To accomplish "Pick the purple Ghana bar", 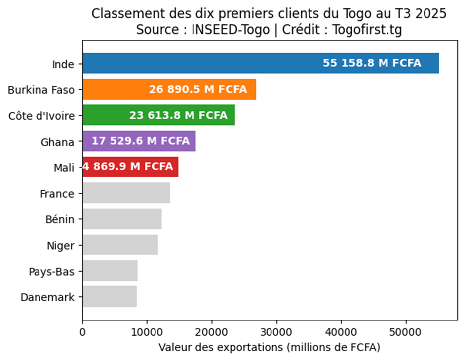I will pyautogui.click(x=139, y=141).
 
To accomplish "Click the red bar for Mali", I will pyautogui.click(x=130, y=167).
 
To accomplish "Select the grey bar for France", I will pyautogui.click(x=126, y=193).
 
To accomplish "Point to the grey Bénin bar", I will pyautogui.click(x=122, y=219).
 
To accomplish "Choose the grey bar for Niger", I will pyautogui.click(x=120, y=244).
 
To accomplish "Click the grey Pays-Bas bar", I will pyautogui.click(x=110, y=271).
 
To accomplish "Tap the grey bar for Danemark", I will pyautogui.click(x=110, y=297).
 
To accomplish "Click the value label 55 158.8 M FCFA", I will pyautogui.click(x=372, y=63).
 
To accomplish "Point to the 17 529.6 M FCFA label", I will pyautogui.click(x=140, y=141).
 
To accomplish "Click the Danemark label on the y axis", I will pyautogui.click(x=47, y=297).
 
